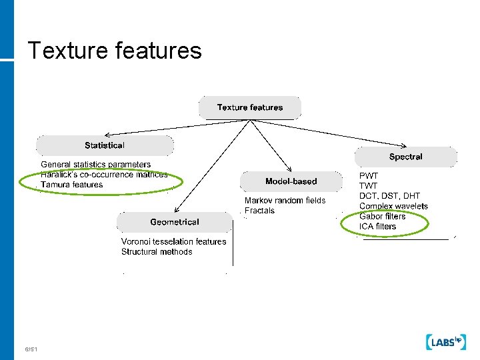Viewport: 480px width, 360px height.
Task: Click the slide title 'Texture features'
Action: [x=115, y=51]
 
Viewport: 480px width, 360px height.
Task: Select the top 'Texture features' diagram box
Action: [x=250, y=107]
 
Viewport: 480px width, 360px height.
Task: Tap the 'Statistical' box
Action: [x=105, y=145]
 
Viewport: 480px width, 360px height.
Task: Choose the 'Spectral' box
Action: [x=406, y=157]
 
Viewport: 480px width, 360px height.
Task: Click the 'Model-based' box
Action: [x=291, y=181]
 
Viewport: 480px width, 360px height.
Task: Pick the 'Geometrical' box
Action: [x=175, y=222]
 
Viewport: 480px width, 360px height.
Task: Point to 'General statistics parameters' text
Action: [x=96, y=164]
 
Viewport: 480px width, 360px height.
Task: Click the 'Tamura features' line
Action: [x=72, y=185]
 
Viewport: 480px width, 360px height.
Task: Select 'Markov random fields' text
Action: [x=285, y=201]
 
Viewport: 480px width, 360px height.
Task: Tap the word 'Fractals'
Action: [x=259, y=211]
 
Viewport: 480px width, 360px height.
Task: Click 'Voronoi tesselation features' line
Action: [x=173, y=241]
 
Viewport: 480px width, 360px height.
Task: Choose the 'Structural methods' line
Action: [x=157, y=251]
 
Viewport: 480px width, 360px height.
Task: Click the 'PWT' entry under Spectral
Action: [x=368, y=176]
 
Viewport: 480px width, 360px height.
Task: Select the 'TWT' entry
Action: [x=368, y=186]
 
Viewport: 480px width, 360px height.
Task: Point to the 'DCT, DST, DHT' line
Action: [x=390, y=196]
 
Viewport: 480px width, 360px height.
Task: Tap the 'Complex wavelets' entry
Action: [x=393, y=206]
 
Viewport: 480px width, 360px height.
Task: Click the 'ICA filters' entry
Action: [x=377, y=226]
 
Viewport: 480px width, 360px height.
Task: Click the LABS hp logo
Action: [x=444, y=342]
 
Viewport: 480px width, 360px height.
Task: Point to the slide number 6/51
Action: [x=31, y=349]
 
